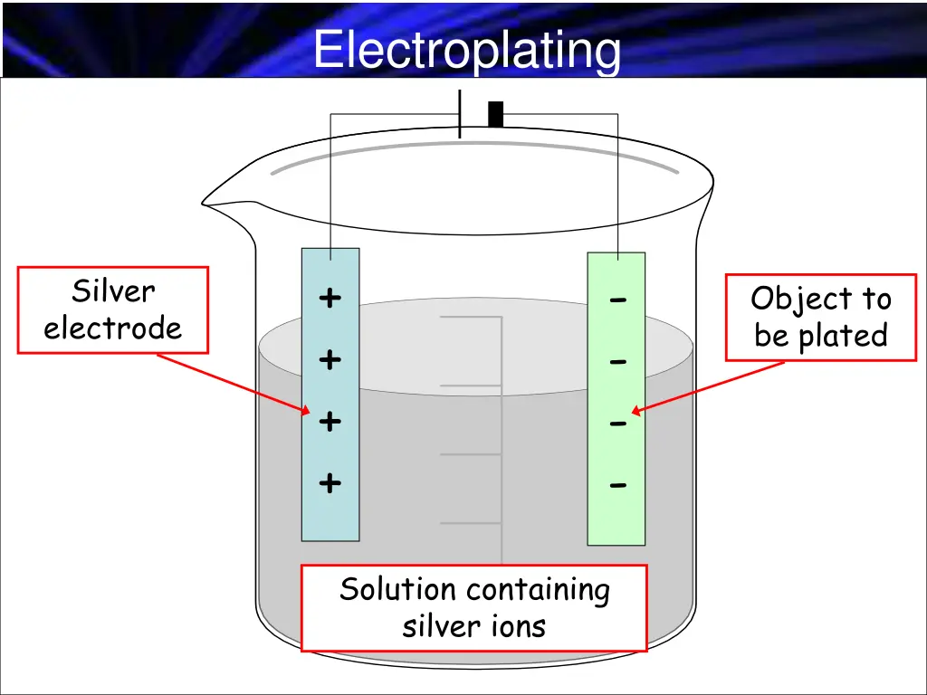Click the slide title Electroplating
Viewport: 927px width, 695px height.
467,50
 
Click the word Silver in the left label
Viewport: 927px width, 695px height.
113,291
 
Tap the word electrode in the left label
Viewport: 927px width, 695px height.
113,328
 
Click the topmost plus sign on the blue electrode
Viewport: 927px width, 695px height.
330,298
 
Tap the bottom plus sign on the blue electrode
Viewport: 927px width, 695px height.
330,483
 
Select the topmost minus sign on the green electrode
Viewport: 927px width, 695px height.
617,300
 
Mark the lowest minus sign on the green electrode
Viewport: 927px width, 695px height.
617,486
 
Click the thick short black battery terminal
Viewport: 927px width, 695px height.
495,115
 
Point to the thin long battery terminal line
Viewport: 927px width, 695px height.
460,114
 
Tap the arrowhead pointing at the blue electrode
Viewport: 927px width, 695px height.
306,411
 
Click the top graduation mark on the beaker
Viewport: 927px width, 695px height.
471,318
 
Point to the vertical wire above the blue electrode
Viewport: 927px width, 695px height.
330,181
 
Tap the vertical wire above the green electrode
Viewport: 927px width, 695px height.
617,181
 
